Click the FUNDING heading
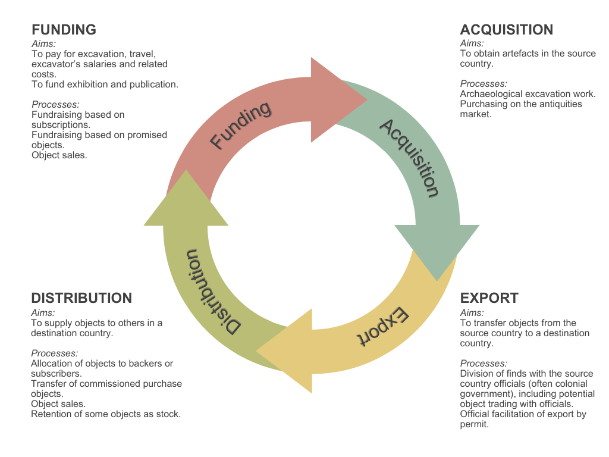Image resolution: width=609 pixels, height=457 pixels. click(x=64, y=30)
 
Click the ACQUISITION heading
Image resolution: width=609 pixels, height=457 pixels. click(x=507, y=30)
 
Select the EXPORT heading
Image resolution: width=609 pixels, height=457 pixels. click(x=489, y=298)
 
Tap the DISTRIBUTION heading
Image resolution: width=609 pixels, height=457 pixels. click(x=81, y=298)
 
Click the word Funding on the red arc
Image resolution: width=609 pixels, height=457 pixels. click(x=241, y=126)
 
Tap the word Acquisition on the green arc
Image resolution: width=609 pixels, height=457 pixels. click(x=410, y=158)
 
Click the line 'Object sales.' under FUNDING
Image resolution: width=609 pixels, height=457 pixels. click(x=59, y=155)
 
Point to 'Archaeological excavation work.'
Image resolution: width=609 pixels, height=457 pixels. click(x=528, y=94)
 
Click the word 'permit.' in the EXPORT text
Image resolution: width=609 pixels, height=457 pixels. click(x=475, y=424)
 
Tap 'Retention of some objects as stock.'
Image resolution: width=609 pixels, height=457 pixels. click(x=106, y=414)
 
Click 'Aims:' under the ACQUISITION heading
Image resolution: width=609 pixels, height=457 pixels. click(x=472, y=43)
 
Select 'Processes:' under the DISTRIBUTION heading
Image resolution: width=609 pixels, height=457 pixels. click(x=54, y=353)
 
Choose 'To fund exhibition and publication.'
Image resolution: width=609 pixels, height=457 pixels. click(x=105, y=84)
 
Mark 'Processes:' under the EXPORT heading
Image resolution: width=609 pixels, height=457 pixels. click(x=484, y=364)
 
